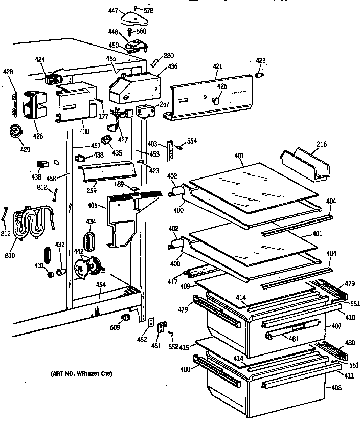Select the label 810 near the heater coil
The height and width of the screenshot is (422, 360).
point(10,255)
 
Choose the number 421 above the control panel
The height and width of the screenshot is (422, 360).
point(218,66)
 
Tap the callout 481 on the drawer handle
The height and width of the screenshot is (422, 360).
point(293,338)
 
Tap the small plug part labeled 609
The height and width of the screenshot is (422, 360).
point(124,320)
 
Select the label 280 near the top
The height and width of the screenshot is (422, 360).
point(168,55)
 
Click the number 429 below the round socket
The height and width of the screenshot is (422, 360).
point(25,149)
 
